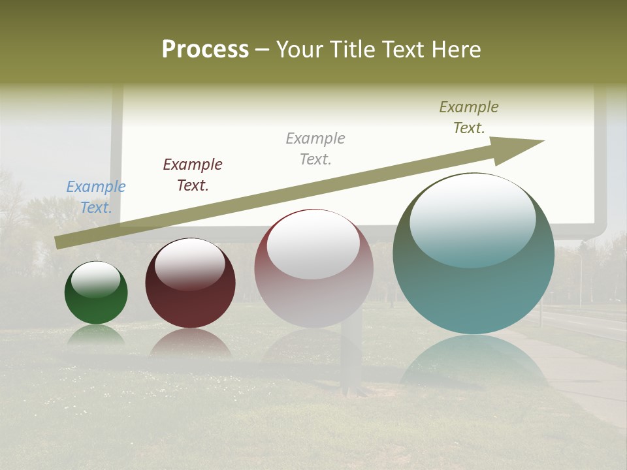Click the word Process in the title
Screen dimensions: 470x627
pyautogui.click(x=205, y=49)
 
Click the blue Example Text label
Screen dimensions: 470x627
pyautogui.click(x=96, y=197)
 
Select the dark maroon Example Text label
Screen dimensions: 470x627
pyautogui.click(x=193, y=175)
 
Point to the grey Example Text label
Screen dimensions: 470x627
pyautogui.click(x=315, y=149)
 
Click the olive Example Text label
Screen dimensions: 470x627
pyautogui.click(x=469, y=117)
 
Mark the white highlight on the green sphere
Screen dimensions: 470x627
pyautogui.click(x=96, y=279)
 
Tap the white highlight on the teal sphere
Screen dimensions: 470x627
pyautogui.click(x=472, y=219)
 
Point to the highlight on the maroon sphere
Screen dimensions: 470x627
pyautogui.click(x=190, y=262)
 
